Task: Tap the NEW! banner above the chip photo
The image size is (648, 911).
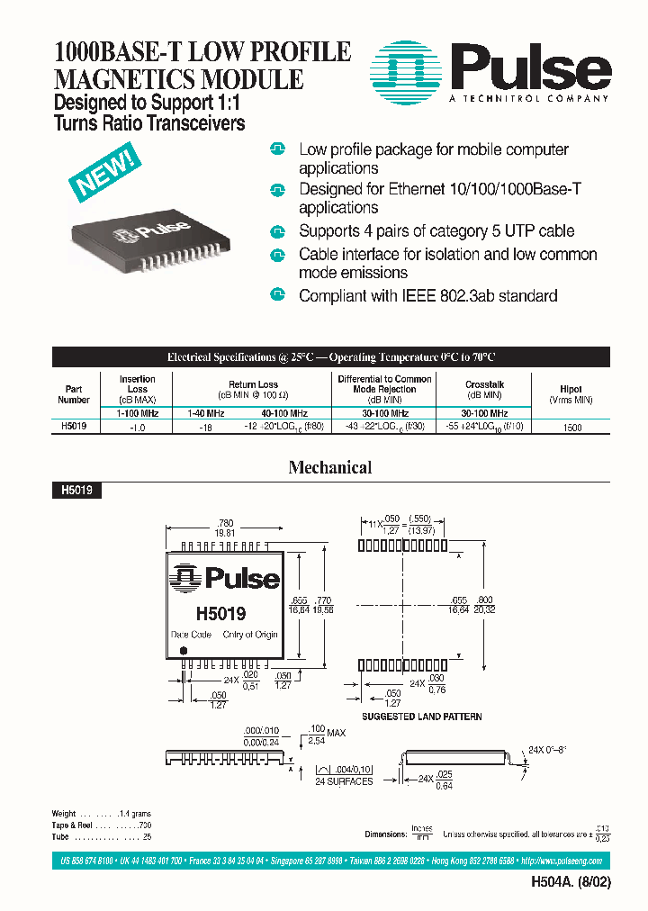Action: [x=105, y=174]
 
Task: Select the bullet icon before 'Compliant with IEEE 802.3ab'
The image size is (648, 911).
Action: [x=278, y=295]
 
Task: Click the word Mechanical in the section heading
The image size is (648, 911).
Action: [x=329, y=467]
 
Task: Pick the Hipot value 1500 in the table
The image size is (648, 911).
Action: [x=571, y=429]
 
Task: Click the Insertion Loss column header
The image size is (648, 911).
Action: [x=137, y=390]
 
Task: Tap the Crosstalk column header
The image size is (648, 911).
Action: [x=483, y=390]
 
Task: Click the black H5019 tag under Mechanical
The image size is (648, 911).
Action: [x=77, y=491]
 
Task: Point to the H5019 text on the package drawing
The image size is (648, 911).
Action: [x=220, y=614]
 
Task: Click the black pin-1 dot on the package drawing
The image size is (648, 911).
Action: [x=184, y=650]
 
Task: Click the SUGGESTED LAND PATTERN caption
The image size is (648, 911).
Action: [x=421, y=717]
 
